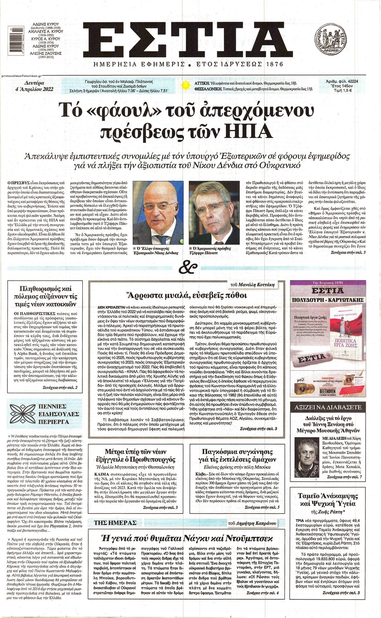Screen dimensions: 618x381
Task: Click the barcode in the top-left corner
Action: coord(13,42)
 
